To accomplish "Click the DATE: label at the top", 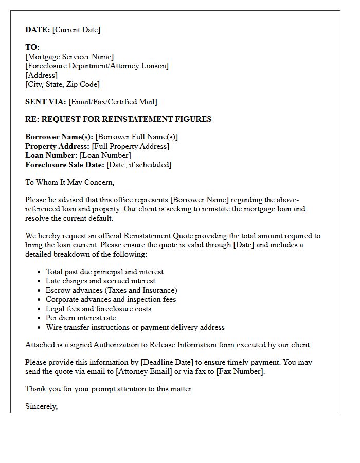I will (38, 30).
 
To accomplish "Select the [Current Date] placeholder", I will (76, 30).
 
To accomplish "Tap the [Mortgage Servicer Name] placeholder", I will (69, 57).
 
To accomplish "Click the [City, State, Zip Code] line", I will (62, 84).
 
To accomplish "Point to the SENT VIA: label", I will (46, 102).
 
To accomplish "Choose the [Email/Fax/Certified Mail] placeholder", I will (113, 102).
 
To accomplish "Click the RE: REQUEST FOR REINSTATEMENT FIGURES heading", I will (118, 119).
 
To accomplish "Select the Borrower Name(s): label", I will (59, 137).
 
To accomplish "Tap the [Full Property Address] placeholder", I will (130, 146).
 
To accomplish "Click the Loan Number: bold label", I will (51, 155).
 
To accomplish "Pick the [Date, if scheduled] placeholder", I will (139, 165).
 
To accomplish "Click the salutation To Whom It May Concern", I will (69, 182).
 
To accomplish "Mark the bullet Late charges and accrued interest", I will (100, 281).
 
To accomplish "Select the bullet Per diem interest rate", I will (81, 318).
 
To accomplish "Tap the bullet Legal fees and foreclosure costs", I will (98, 309).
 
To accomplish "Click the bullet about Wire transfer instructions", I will (135, 327).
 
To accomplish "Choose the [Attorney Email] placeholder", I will (142, 371).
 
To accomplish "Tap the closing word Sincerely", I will (41, 406).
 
